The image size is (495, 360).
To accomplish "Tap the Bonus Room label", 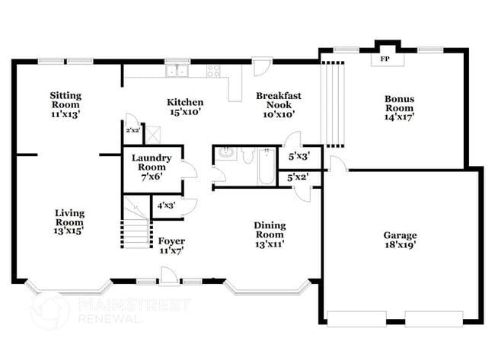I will [x=398, y=104].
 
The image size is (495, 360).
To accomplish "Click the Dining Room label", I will [x=270, y=230].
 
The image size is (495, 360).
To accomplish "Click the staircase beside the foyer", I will [x=138, y=222].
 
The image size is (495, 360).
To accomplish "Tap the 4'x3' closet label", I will [x=165, y=205].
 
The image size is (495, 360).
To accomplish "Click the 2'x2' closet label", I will [x=133, y=130].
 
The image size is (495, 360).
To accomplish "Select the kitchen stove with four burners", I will [x=214, y=72].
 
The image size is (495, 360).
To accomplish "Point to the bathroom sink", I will [x=225, y=154].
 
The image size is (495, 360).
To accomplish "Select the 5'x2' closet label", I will [x=298, y=177].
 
